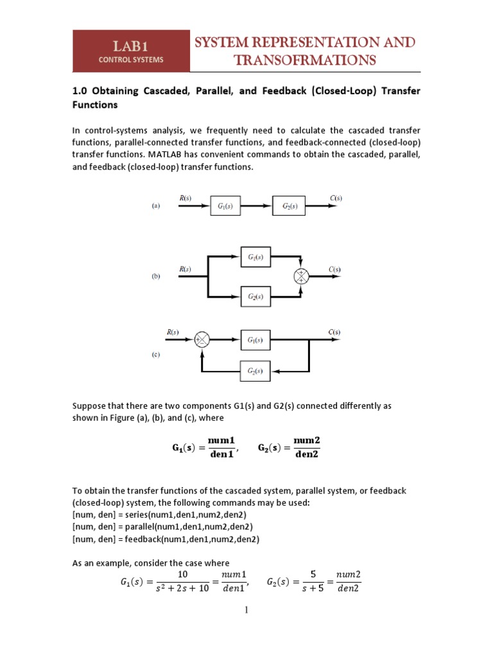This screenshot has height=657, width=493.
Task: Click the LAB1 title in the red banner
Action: coord(130,46)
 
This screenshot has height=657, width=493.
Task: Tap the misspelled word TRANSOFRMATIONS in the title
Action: coord(305,60)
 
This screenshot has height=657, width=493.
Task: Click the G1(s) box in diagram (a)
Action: coord(225,206)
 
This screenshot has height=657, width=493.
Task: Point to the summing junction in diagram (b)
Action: coord(301,276)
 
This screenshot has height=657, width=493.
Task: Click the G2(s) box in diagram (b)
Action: coord(256,297)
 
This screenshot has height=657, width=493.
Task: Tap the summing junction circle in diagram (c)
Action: coord(202,339)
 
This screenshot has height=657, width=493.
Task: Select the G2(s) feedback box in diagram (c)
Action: coord(256,371)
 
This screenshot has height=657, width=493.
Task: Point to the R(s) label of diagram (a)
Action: coord(183,198)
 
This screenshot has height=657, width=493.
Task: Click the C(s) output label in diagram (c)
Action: coord(334,332)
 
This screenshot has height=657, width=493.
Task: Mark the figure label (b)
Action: coord(155,277)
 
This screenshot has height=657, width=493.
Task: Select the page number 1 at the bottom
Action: coord(245,610)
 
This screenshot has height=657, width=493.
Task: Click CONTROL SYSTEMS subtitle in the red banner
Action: coord(130,60)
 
